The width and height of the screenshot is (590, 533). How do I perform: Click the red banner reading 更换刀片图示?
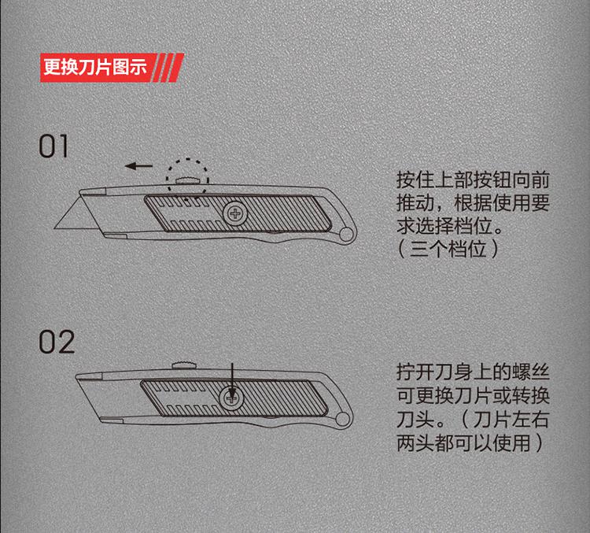click(x=112, y=68)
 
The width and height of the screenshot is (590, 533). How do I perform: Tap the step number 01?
click(x=53, y=146)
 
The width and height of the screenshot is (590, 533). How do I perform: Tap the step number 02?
click(x=57, y=342)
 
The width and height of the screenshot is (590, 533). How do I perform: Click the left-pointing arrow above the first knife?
click(x=138, y=166)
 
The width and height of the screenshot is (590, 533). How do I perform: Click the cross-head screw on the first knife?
click(x=235, y=214)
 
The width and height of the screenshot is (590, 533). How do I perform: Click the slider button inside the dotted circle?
click(x=187, y=181)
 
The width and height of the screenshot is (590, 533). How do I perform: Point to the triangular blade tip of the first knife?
click(x=55, y=228)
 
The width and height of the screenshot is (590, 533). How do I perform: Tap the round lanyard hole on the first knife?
click(x=346, y=234)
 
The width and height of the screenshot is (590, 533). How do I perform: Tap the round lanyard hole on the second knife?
click(x=342, y=419)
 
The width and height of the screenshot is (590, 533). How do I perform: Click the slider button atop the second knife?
click(x=184, y=366)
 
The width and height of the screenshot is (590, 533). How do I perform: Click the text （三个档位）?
click(x=448, y=249)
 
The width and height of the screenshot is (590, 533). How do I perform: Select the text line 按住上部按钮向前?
click(x=473, y=180)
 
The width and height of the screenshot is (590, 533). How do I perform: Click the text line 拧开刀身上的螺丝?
click(x=473, y=372)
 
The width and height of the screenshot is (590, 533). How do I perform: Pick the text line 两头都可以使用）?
click(x=470, y=443)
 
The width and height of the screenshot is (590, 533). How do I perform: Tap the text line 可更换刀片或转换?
click(x=473, y=395)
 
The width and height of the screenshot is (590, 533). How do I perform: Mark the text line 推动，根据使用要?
click(x=473, y=203)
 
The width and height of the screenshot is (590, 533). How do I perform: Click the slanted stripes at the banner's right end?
click(x=168, y=68)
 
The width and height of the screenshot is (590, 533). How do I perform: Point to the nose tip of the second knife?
click(x=76, y=376)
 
